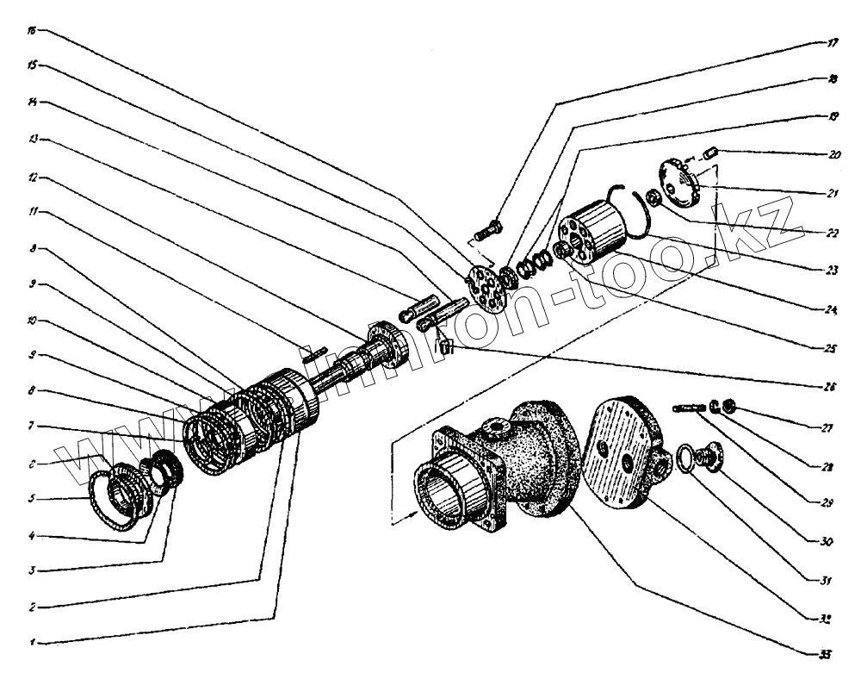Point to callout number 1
point(32,643)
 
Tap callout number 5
point(32,498)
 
